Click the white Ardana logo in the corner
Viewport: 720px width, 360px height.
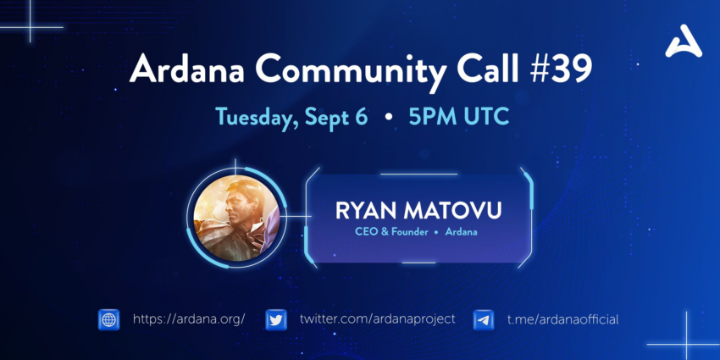[x=684, y=42]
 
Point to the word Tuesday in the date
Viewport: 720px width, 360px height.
[x=253, y=118]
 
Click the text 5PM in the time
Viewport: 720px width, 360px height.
[x=429, y=117]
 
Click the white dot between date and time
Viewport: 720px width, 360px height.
[x=389, y=118]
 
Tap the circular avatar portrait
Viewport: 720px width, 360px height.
[x=236, y=218]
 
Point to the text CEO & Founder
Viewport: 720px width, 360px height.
[x=391, y=232]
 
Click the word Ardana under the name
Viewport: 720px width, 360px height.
[x=461, y=232]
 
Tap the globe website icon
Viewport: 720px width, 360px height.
[x=108, y=319]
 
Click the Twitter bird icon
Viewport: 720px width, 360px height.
[x=276, y=319]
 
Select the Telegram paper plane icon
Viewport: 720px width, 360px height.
[x=484, y=319]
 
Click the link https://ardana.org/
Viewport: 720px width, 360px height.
[x=189, y=319]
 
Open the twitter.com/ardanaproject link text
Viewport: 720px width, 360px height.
[x=378, y=319]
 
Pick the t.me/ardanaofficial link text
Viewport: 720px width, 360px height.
[x=563, y=319]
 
